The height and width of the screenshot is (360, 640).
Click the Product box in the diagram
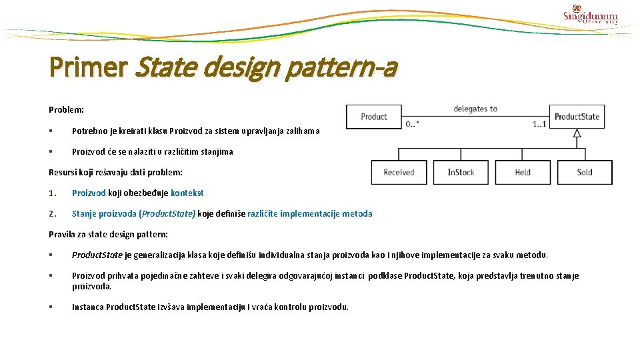click(373, 117)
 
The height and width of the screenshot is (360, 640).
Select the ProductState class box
click(577, 117)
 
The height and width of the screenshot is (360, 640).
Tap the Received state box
click(399, 172)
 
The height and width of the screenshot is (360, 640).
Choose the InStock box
click(461, 172)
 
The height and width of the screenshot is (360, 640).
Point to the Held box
click(523, 172)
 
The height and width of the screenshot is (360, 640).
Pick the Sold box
click(585, 172)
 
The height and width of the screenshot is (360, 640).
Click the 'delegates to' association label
click(475, 109)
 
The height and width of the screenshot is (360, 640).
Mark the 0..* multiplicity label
click(413, 125)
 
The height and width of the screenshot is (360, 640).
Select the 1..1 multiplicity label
click(539, 125)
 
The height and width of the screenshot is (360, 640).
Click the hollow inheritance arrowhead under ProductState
click(577, 133)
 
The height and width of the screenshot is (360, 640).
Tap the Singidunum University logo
click(591, 15)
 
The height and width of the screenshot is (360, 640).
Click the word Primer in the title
click(88, 67)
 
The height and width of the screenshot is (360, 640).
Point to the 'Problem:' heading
click(66, 109)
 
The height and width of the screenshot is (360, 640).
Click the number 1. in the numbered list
click(53, 193)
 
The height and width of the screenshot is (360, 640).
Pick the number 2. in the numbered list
click(53, 214)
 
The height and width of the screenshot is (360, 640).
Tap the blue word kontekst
click(187, 193)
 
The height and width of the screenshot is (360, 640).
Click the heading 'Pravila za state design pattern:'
click(108, 235)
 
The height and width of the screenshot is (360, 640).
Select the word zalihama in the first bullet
click(301, 131)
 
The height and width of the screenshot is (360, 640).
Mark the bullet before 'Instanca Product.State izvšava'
click(51, 307)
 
